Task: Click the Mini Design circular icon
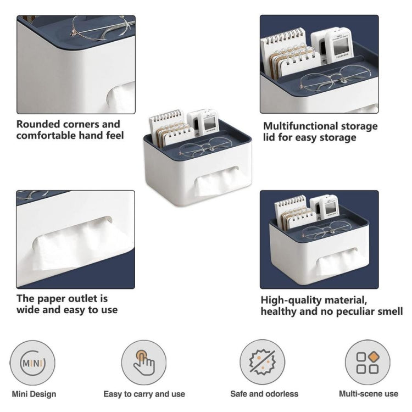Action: pos(32,363)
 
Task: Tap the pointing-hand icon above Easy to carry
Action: pos(144,363)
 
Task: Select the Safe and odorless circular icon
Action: pos(262,363)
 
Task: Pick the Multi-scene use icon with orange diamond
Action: pos(368,363)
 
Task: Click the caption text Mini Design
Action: pos(33,394)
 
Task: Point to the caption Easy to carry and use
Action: pos(144,394)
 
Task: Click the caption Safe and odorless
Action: pos(264,394)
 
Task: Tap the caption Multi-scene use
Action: pos(368,394)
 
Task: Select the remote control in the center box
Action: pos(207,122)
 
